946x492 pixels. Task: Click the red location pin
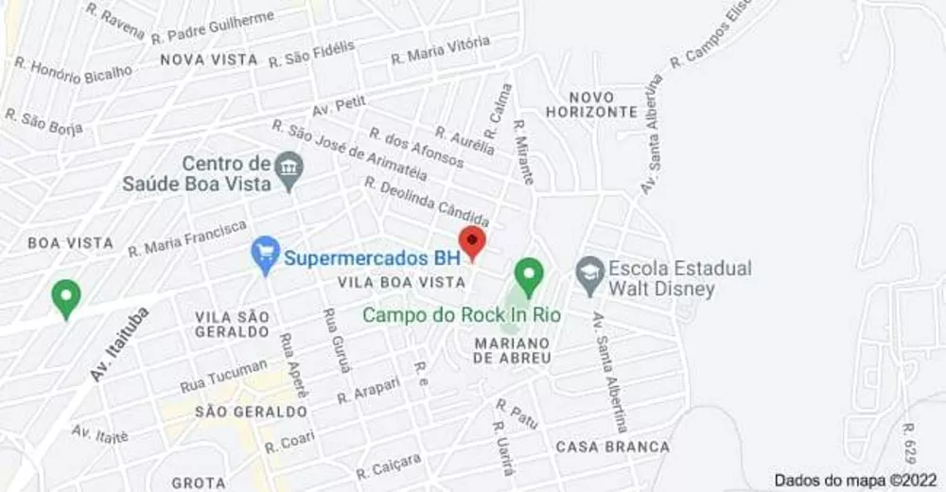[472, 241]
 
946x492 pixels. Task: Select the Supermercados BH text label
[372, 256]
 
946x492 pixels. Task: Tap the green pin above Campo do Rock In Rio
[528, 276]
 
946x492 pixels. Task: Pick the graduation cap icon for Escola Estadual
[589, 274]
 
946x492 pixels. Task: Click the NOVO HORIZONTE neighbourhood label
[591, 104]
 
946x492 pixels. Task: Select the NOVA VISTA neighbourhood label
[209, 60]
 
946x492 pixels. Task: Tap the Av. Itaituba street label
[120, 343]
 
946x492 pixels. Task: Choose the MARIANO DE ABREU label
[513, 350]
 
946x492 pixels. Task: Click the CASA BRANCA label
[612, 447]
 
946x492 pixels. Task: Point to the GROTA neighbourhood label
[199, 483]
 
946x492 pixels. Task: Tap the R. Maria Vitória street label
[441, 50]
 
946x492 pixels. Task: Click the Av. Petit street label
[338, 104]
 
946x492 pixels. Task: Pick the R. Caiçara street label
[388, 466]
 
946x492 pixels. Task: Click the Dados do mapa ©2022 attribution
[856, 480]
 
